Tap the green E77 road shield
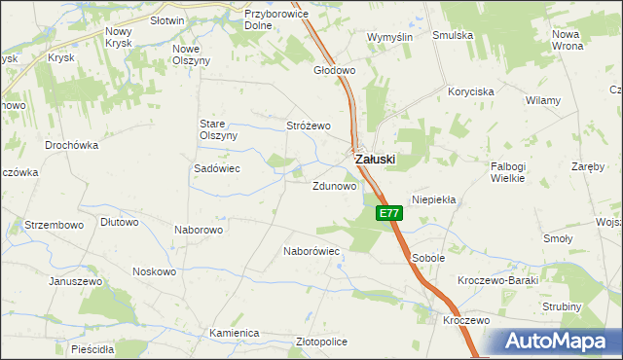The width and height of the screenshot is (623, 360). pyautogui.click(x=388, y=213)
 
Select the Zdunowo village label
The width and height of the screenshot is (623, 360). pyautogui.click(x=334, y=186)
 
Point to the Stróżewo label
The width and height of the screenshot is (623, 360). pyautogui.click(x=309, y=126)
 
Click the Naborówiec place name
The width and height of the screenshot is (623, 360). pyautogui.click(x=311, y=251)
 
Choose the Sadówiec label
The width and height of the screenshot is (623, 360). pyautogui.click(x=217, y=168)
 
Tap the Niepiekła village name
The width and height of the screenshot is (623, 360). pyautogui.click(x=434, y=198)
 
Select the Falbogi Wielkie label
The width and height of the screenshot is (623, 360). pyautogui.click(x=508, y=172)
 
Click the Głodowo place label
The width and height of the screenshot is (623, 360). pyautogui.click(x=335, y=71)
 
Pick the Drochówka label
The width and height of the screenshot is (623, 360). pyautogui.click(x=72, y=145)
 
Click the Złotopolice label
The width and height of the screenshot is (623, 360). pyautogui.click(x=321, y=342)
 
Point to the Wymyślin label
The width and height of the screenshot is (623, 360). pyautogui.click(x=390, y=37)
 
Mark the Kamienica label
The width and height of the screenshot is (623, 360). pyautogui.click(x=234, y=333)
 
